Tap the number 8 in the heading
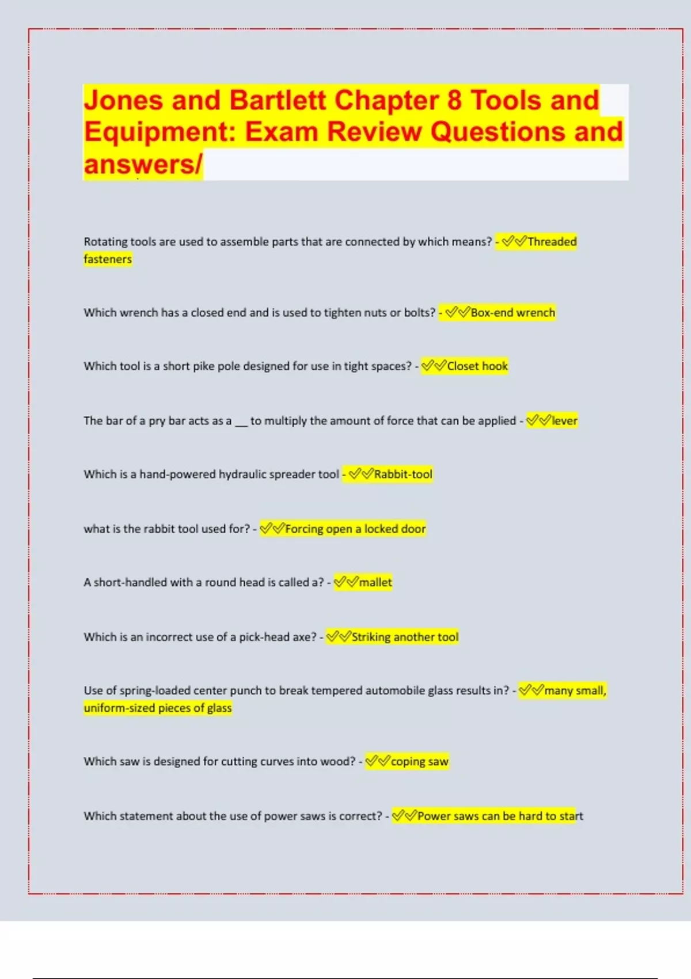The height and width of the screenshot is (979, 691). click(454, 100)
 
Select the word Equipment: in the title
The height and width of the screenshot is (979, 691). click(160, 132)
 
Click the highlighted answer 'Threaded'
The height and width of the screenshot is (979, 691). click(552, 242)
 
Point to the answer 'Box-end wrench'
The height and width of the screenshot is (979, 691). click(512, 313)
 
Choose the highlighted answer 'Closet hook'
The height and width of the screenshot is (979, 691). click(477, 366)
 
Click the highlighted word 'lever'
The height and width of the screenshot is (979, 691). click(564, 421)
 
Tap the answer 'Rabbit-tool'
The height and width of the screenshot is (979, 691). click(403, 475)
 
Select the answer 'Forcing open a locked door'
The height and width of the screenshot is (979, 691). click(355, 529)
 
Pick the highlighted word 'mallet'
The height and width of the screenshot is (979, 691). click(375, 582)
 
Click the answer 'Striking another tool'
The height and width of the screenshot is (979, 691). click(405, 637)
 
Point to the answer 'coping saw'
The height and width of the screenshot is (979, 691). click(419, 761)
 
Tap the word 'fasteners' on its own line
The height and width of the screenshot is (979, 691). click(108, 259)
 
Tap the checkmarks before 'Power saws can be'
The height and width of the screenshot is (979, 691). click(404, 815)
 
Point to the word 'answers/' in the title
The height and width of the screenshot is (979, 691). click(143, 165)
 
